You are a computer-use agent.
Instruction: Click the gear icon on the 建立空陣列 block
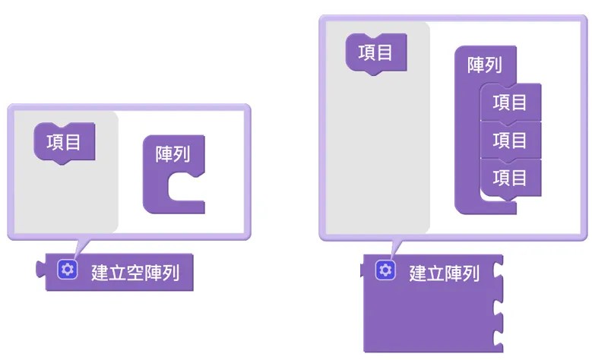point(68,270)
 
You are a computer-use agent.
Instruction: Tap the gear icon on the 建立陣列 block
point(385,270)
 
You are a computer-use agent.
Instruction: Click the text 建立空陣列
point(135,273)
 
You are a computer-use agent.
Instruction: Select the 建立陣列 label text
point(445,273)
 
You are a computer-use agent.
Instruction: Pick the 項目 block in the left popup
point(65,143)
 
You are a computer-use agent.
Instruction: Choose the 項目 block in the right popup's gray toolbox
point(376,54)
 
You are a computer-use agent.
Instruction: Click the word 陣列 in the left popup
point(173,154)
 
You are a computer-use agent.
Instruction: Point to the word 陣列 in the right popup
point(485,65)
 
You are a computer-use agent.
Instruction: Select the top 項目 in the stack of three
point(511,103)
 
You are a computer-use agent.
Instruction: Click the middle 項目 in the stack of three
point(511,140)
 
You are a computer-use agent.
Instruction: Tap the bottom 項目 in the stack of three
point(511,178)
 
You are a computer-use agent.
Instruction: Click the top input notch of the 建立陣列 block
point(498,270)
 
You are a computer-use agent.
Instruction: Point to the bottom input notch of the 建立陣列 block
point(498,337)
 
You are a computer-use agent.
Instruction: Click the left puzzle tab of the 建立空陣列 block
point(40,269)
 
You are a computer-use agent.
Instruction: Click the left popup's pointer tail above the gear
point(81,248)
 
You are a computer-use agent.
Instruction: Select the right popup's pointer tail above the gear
point(397,248)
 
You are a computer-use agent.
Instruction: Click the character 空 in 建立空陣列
point(135,273)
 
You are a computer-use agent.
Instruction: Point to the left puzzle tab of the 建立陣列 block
point(362,270)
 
